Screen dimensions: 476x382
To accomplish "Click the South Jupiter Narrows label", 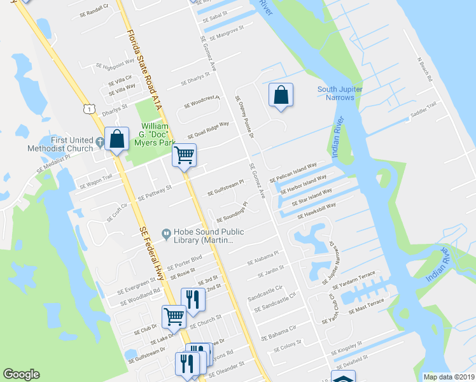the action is coord(340,94).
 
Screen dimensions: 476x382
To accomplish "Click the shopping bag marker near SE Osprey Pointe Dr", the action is coord(281,95).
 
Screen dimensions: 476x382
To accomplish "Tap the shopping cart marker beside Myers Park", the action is coord(185,155).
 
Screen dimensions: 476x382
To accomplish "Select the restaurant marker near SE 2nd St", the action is coord(193,299).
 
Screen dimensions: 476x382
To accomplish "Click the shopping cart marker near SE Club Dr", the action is coord(173,315).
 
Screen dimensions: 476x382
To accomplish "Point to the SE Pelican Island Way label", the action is coord(293,173).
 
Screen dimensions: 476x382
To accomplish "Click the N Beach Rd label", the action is coord(424,69).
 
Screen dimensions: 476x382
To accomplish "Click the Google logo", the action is coord(22,374).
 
